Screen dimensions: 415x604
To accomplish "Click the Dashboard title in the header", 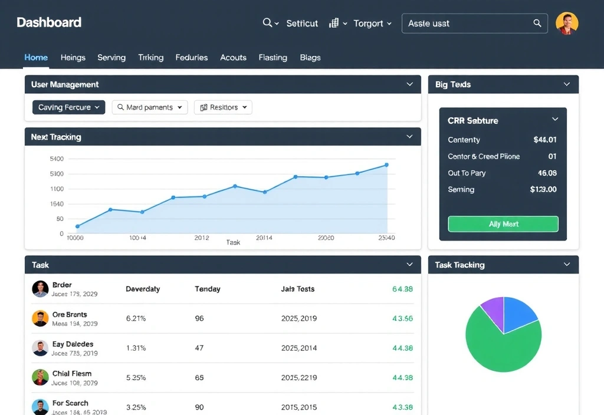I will pyautogui.click(x=49, y=22).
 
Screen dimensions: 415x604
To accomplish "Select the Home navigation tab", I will pyautogui.click(x=36, y=57).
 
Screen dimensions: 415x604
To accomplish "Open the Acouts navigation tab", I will pyautogui.click(x=233, y=57).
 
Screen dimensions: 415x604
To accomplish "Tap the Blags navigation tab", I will pyautogui.click(x=310, y=57).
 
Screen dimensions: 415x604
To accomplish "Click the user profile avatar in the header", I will pyautogui.click(x=567, y=24).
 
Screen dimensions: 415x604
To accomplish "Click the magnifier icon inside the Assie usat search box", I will pyautogui.click(x=537, y=23).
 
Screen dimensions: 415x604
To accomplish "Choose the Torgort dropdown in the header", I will pyautogui.click(x=372, y=23).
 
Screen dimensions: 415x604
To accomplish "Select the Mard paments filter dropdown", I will pyautogui.click(x=150, y=107).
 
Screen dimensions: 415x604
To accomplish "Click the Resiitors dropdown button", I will pyautogui.click(x=222, y=107).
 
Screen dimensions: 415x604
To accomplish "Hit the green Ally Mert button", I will pyautogui.click(x=503, y=224).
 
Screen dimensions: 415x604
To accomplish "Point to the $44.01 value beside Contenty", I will pyautogui.click(x=544, y=140).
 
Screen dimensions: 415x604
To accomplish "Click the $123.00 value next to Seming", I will pyautogui.click(x=543, y=189).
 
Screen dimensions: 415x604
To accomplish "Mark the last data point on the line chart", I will pyautogui.click(x=386, y=165).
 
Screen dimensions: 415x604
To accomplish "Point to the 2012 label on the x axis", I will pyautogui.click(x=201, y=238).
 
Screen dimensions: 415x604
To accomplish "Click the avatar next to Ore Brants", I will pyautogui.click(x=40, y=318).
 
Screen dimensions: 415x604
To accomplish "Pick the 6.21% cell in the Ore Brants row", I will pyautogui.click(x=136, y=318).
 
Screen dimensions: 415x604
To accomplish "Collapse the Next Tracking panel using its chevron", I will pyautogui.click(x=409, y=137).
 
